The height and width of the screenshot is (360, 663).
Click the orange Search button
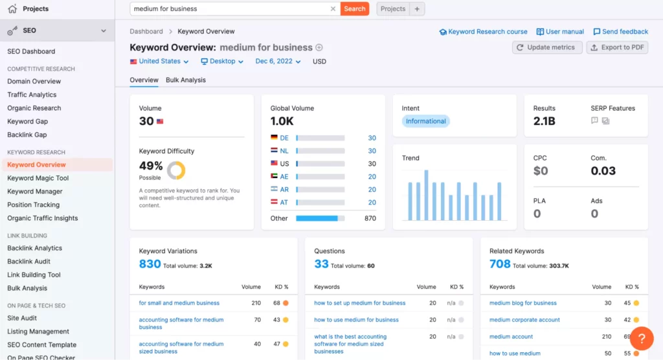click(x=354, y=9)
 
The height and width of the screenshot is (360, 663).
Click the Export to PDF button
click(x=616, y=47)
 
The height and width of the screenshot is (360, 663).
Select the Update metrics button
click(x=546, y=47)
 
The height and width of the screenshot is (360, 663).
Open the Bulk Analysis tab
click(x=186, y=80)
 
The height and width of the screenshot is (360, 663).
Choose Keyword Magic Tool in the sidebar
click(x=38, y=178)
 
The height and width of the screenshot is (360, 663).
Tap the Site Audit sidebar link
click(x=22, y=318)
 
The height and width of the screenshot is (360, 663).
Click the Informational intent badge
click(x=425, y=121)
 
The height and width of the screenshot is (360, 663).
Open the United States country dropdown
click(x=159, y=62)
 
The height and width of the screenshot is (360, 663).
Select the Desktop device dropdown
click(x=222, y=62)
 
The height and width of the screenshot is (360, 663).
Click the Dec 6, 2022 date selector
click(x=278, y=62)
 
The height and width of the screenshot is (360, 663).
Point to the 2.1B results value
click(x=545, y=122)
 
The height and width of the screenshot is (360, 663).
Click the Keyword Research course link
click(x=483, y=32)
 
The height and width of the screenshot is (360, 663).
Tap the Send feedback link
click(x=620, y=32)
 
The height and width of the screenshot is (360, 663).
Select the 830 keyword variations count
click(x=150, y=264)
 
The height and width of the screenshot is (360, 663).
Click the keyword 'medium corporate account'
click(x=524, y=320)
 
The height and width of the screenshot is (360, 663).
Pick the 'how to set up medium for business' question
click(x=359, y=303)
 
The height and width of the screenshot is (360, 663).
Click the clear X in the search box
click(x=333, y=9)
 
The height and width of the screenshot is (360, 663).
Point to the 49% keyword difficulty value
click(x=151, y=166)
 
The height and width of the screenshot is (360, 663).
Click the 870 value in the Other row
click(x=370, y=218)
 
